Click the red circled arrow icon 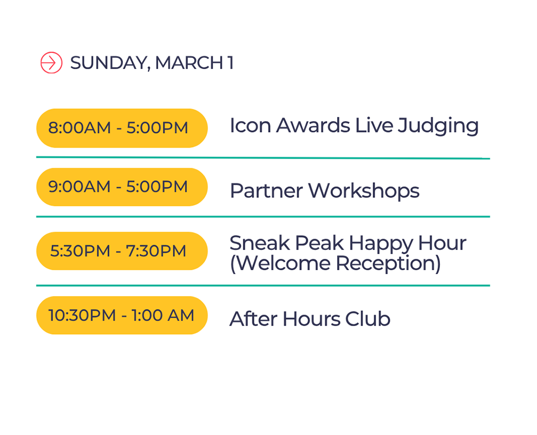click(52, 63)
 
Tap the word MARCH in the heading click(189, 63)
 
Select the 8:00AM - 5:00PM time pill click(122, 128)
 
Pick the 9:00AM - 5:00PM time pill click(122, 187)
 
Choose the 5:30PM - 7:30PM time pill click(122, 251)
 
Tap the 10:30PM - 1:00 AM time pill click(122, 315)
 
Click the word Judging click(438, 126)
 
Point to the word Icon click(250, 125)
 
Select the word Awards click(313, 125)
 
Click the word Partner click(266, 190)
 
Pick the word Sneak click(259, 243)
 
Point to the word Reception click(388, 264)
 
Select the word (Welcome click(280, 264)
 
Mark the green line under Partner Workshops click(263, 217)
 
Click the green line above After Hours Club click(263, 285)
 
